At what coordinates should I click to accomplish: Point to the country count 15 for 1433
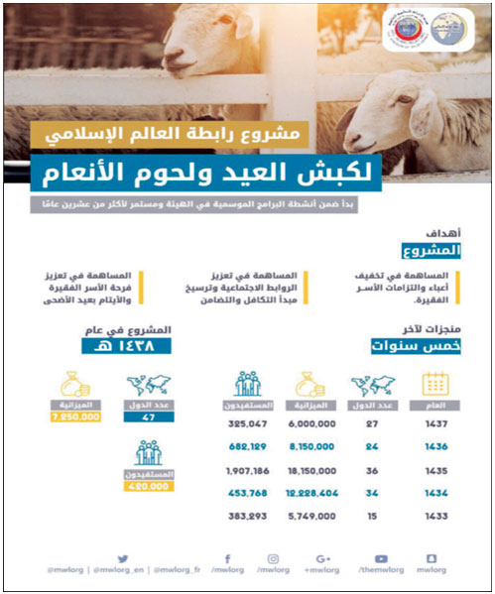tap(371, 516)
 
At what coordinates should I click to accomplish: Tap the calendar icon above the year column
tap(433, 383)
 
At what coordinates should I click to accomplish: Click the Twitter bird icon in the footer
tap(123, 559)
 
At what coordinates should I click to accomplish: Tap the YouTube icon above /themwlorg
tap(381, 559)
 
